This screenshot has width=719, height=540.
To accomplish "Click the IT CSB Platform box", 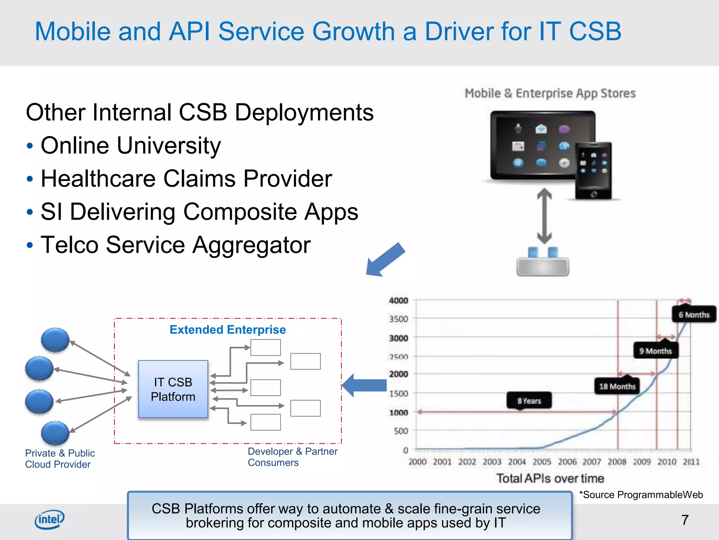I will pyautogui.click(x=173, y=389).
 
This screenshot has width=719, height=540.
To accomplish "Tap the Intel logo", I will pyautogui.click(x=50, y=519).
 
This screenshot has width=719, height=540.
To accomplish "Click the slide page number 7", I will pyautogui.click(x=685, y=520).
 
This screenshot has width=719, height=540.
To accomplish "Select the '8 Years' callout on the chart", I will pyautogui.click(x=529, y=401).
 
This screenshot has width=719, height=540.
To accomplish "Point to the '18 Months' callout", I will pyautogui.click(x=617, y=386).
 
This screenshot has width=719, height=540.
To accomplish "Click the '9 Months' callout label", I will pyautogui.click(x=655, y=351).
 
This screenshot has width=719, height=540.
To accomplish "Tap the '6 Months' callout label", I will pyautogui.click(x=694, y=315).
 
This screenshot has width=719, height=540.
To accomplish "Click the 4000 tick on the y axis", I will pyautogui.click(x=398, y=301).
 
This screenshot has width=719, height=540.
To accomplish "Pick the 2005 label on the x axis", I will pyautogui.click(x=542, y=462).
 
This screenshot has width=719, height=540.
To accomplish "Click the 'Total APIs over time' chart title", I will pyautogui.click(x=550, y=478).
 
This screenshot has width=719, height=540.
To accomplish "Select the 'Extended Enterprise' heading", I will pyautogui.click(x=227, y=330).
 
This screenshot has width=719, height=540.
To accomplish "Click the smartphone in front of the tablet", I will pyautogui.click(x=593, y=171).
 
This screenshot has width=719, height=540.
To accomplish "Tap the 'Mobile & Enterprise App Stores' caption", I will pyautogui.click(x=550, y=93).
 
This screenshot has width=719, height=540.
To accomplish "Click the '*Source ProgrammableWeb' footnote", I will pyautogui.click(x=641, y=495).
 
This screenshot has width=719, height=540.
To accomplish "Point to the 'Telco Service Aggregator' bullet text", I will pyautogui.click(x=176, y=245).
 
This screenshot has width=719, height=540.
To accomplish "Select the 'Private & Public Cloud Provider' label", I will pyautogui.click(x=60, y=458).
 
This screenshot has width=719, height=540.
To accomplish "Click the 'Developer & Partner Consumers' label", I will pyautogui.click(x=292, y=457).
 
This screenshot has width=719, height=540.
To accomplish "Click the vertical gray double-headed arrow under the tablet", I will pyautogui.click(x=544, y=216).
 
